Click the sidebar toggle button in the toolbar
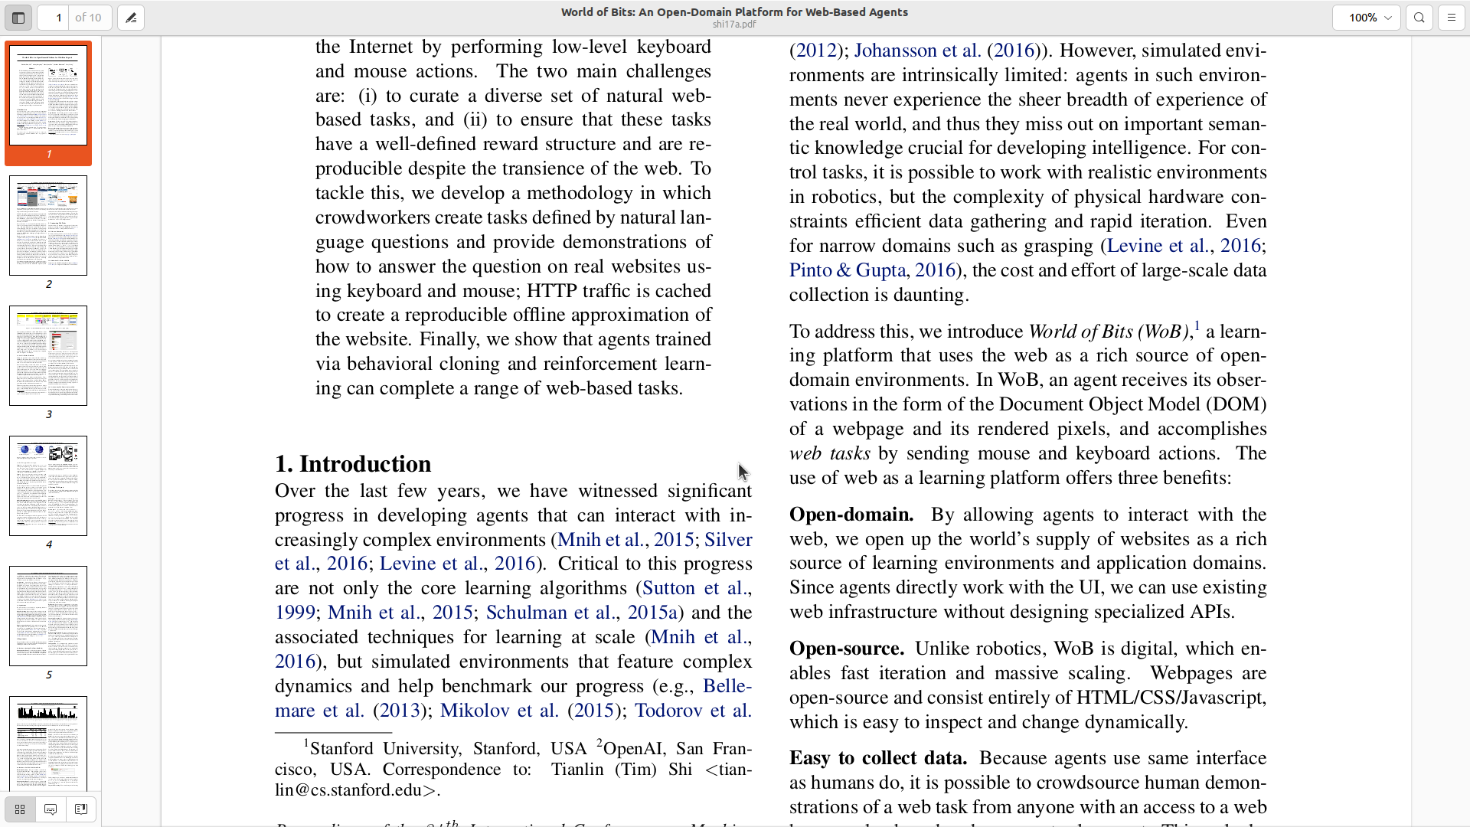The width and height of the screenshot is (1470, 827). point(18,18)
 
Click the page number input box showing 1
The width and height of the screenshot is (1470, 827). point(54,18)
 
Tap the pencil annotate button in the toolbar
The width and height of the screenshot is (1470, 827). point(131,18)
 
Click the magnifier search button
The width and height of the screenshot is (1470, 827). point(1419,18)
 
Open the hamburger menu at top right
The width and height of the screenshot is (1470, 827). point(1452,18)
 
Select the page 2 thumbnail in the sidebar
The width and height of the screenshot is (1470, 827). point(48,226)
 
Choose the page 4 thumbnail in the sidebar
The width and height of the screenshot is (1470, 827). point(48,486)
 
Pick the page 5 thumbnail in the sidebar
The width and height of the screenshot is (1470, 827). point(48,616)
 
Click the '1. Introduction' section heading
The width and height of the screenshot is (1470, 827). point(353,464)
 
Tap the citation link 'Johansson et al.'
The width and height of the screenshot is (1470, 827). point(917,51)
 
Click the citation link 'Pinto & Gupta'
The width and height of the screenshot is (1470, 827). point(848,270)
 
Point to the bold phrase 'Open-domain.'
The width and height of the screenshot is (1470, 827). point(851,515)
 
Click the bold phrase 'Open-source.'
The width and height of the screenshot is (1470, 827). point(847,649)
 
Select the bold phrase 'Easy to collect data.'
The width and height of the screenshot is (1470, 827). point(878,758)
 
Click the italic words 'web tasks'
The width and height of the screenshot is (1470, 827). point(829,453)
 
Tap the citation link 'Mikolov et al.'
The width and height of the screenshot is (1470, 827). point(499,711)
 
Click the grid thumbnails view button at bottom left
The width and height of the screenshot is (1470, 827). point(20,809)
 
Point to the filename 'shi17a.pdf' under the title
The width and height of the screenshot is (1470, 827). point(734,25)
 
